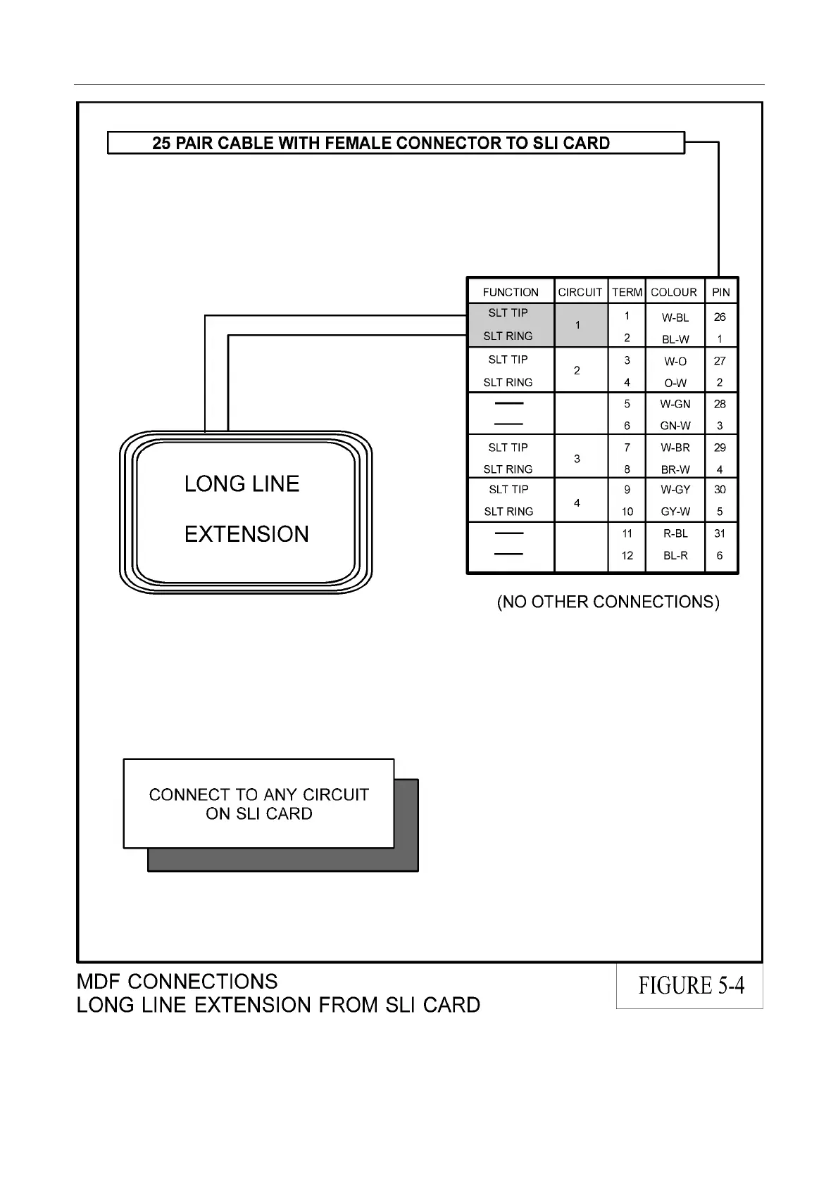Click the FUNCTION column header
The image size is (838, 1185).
(x=510, y=292)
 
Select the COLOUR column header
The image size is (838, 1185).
(x=674, y=292)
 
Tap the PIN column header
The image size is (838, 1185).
(x=720, y=292)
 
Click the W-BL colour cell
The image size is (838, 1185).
(x=675, y=317)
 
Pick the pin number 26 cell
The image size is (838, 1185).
(x=720, y=317)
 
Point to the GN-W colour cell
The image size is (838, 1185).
(x=675, y=426)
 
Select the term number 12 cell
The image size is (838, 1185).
(x=627, y=555)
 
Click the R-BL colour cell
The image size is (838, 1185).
(x=675, y=533)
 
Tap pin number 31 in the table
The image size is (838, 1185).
(x=720, y=533)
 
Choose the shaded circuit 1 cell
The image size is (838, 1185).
(x=578, y=325)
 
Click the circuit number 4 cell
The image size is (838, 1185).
(x=577, y=502)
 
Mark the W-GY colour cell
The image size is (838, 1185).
(x=675, y=489)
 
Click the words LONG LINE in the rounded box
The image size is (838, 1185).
(x=242, y=483)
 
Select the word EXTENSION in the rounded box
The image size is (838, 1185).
(x=246, y=534)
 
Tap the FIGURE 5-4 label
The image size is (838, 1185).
(x=691, y=985)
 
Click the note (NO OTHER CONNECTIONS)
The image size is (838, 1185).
(x=608, y=602)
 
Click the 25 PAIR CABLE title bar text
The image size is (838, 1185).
(x=381, y=143)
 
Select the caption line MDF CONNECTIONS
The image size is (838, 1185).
(x=177, y=982)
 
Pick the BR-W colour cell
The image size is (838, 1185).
(x=675, y=469)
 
